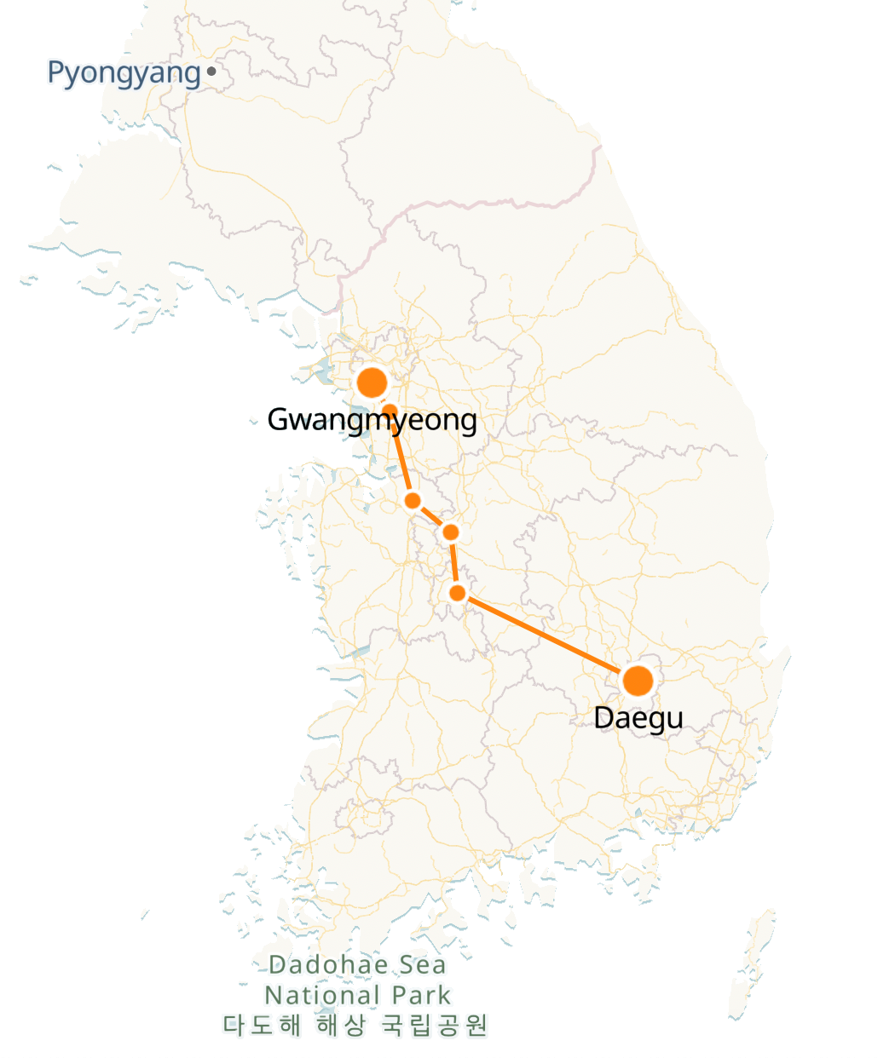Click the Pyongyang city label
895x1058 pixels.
click(x=123, y=73)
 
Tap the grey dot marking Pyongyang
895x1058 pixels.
click(x=211, y=72)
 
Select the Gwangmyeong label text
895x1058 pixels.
click(x=372, y=420)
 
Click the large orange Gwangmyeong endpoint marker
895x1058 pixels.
click(x=372, y=383)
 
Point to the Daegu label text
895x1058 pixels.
click(x=638, y=717)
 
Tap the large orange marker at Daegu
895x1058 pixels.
click(x=638, y=681)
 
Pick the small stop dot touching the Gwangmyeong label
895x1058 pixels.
click(x=390, y=411)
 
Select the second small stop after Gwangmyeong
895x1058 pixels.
click(x=413, y=500)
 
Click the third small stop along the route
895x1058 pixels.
click(x=451, y=532)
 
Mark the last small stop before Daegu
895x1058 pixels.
click(x=458, y=593)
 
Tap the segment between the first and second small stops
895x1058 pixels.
click(x=401, y=456)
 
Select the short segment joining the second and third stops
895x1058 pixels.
click(x=431, y=516)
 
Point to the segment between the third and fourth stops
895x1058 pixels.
click(x=454, y=562)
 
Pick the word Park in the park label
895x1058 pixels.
click(x=422, y=995)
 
